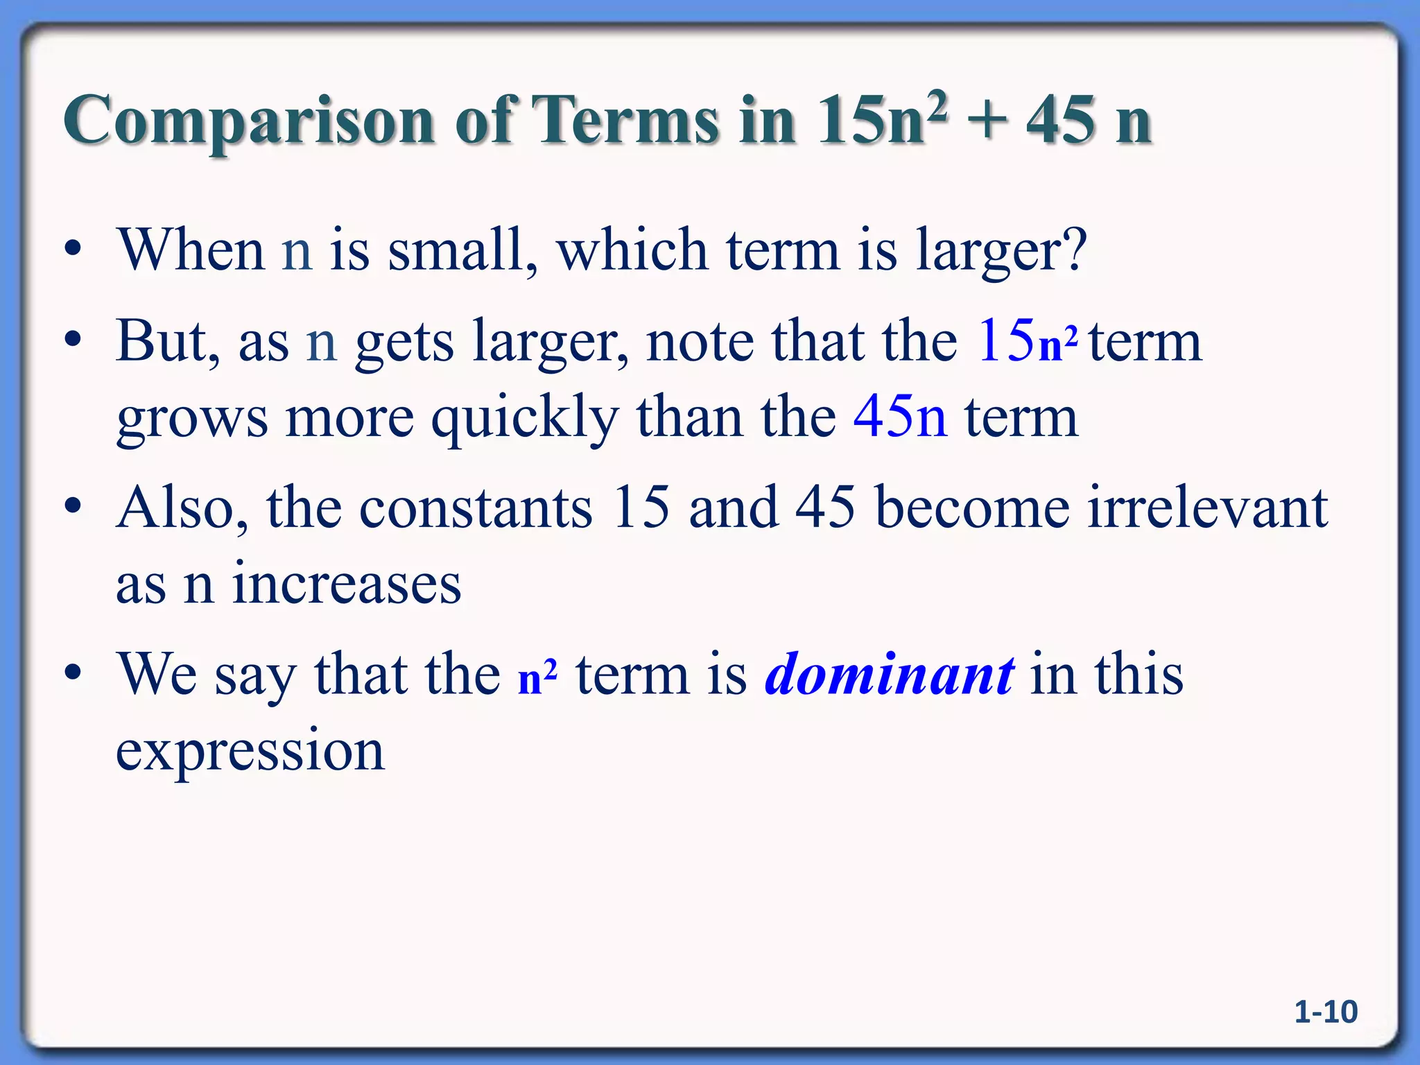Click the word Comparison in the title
pyautogui.click(x=249, y=121)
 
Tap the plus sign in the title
pyautogui.click(x=985, y=121)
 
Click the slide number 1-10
pyautogui.click(x=1326, y=1012)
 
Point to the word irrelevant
pyautogui.click(x=1207, y=508)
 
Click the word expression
pyautogui.click(x=250, y=751)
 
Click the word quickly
pyautogui.click(x=524, y=419)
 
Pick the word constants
pyautogui.click(x=476, y=508)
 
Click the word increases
pyautogui.click(x=346, y=584)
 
